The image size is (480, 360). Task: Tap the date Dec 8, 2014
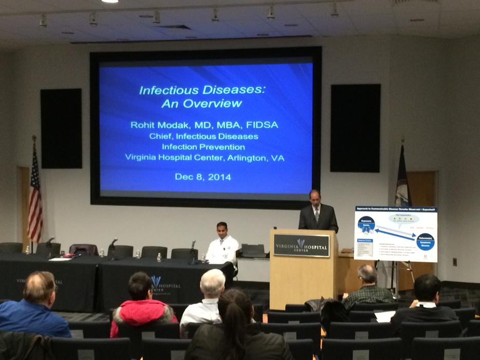coord(202,177)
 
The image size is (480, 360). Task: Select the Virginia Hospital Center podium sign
coord(302,245)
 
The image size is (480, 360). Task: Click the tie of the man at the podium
coord(318,214)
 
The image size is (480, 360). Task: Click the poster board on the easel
coord(395,234)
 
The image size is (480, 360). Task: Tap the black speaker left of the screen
coord(61,128)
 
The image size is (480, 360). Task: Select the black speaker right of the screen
coord(355,128)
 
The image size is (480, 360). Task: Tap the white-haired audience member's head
coord(212,281)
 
